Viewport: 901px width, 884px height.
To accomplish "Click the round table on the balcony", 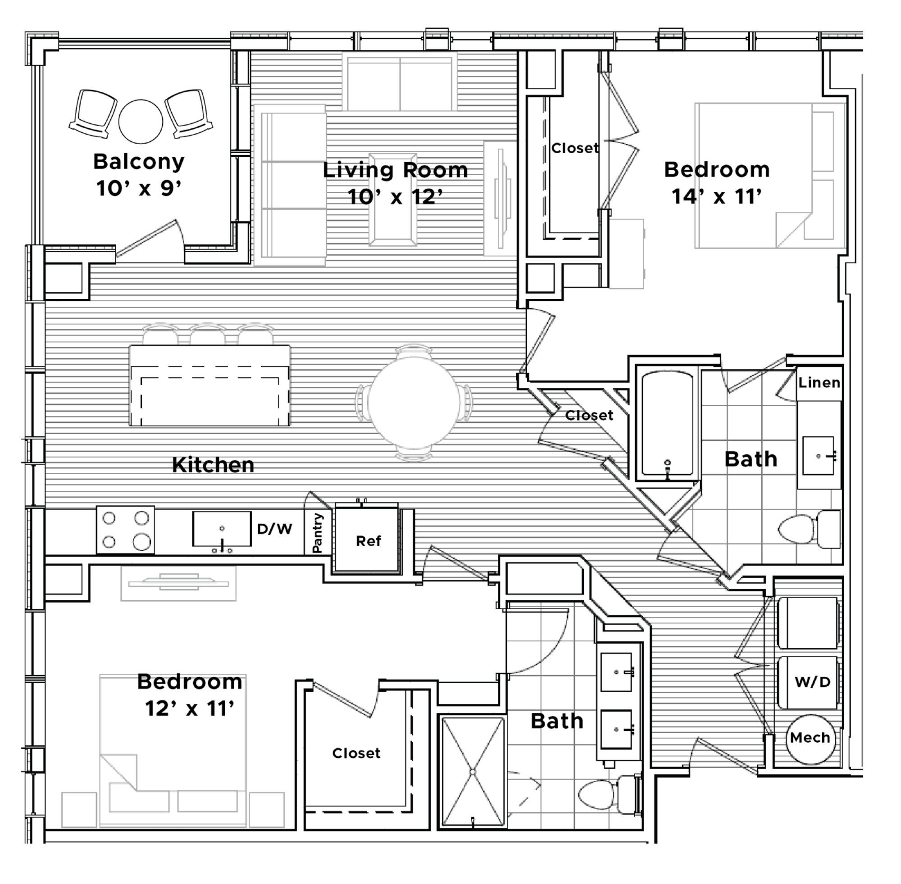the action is click(x=141, y=121).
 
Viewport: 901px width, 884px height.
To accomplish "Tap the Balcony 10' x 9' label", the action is click(x=139, y=175).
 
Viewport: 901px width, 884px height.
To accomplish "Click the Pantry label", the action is click(x=318, y=533).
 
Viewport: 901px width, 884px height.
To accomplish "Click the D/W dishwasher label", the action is click(x=275, y=528).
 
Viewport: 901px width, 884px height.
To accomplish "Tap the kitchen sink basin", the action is click(x=222, y=529).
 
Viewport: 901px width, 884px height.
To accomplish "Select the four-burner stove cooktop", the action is click(x=125, y=530).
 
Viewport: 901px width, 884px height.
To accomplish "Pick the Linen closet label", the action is click(x=819, y=383).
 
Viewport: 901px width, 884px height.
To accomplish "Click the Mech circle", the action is click(x=810, y=738).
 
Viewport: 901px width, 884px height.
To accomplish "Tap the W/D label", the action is click(x=812, y=682).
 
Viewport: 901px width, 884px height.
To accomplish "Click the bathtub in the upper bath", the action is click(x=667, y=425).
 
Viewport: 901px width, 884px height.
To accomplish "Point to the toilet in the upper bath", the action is click(x=810, y=529).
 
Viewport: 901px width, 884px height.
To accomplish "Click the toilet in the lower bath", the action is click(x=610, y=794).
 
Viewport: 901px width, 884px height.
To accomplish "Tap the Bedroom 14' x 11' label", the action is click(x=717, y=183).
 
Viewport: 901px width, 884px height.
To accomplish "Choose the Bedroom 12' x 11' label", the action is click(x=190, y=695).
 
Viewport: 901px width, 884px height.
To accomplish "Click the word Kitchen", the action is click(x=213, y=465).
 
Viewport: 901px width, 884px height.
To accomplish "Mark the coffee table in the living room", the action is click(x=393, y=199).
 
